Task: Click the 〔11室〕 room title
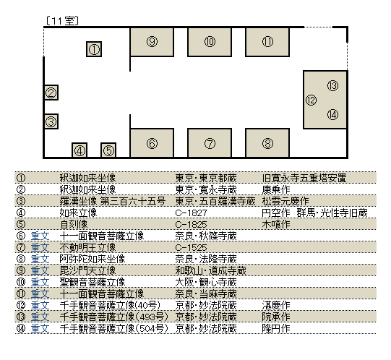[62, 21]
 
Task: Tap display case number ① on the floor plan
[94, 49]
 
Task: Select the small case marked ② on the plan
[51, 93]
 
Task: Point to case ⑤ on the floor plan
[108, 150]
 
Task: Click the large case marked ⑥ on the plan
[152, 143]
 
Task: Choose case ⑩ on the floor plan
[210, 42]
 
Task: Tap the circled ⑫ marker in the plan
[311, 100]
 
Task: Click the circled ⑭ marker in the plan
[332, 115]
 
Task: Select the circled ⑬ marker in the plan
[332, 86]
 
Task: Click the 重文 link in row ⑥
[40, 236]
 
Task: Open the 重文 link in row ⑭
[40, 328]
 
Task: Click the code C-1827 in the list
[191, 213]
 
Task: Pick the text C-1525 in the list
[191, 248]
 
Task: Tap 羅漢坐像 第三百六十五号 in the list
[113, 201]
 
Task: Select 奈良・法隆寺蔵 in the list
[206, 260]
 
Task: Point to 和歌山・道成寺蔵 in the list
[211, 270]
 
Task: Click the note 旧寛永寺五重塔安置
[304, 178]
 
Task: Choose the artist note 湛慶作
[276, 305]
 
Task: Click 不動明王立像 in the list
[87, 247]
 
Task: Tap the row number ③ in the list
[21, 201]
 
